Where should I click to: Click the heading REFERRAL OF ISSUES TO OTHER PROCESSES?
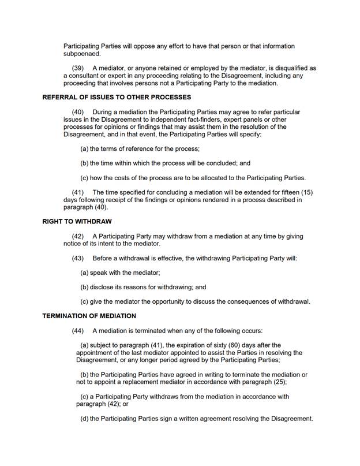[117, 97]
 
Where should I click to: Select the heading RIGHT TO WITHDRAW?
[77, 221]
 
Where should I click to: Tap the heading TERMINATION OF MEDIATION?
[89, 316]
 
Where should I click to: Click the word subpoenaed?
[83, 54]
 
